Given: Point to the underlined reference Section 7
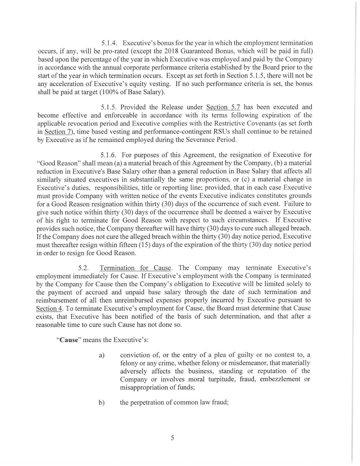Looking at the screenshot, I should point(55,132).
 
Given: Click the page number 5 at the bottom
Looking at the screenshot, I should point(172,438).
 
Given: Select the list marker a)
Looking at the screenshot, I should point(101,355).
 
